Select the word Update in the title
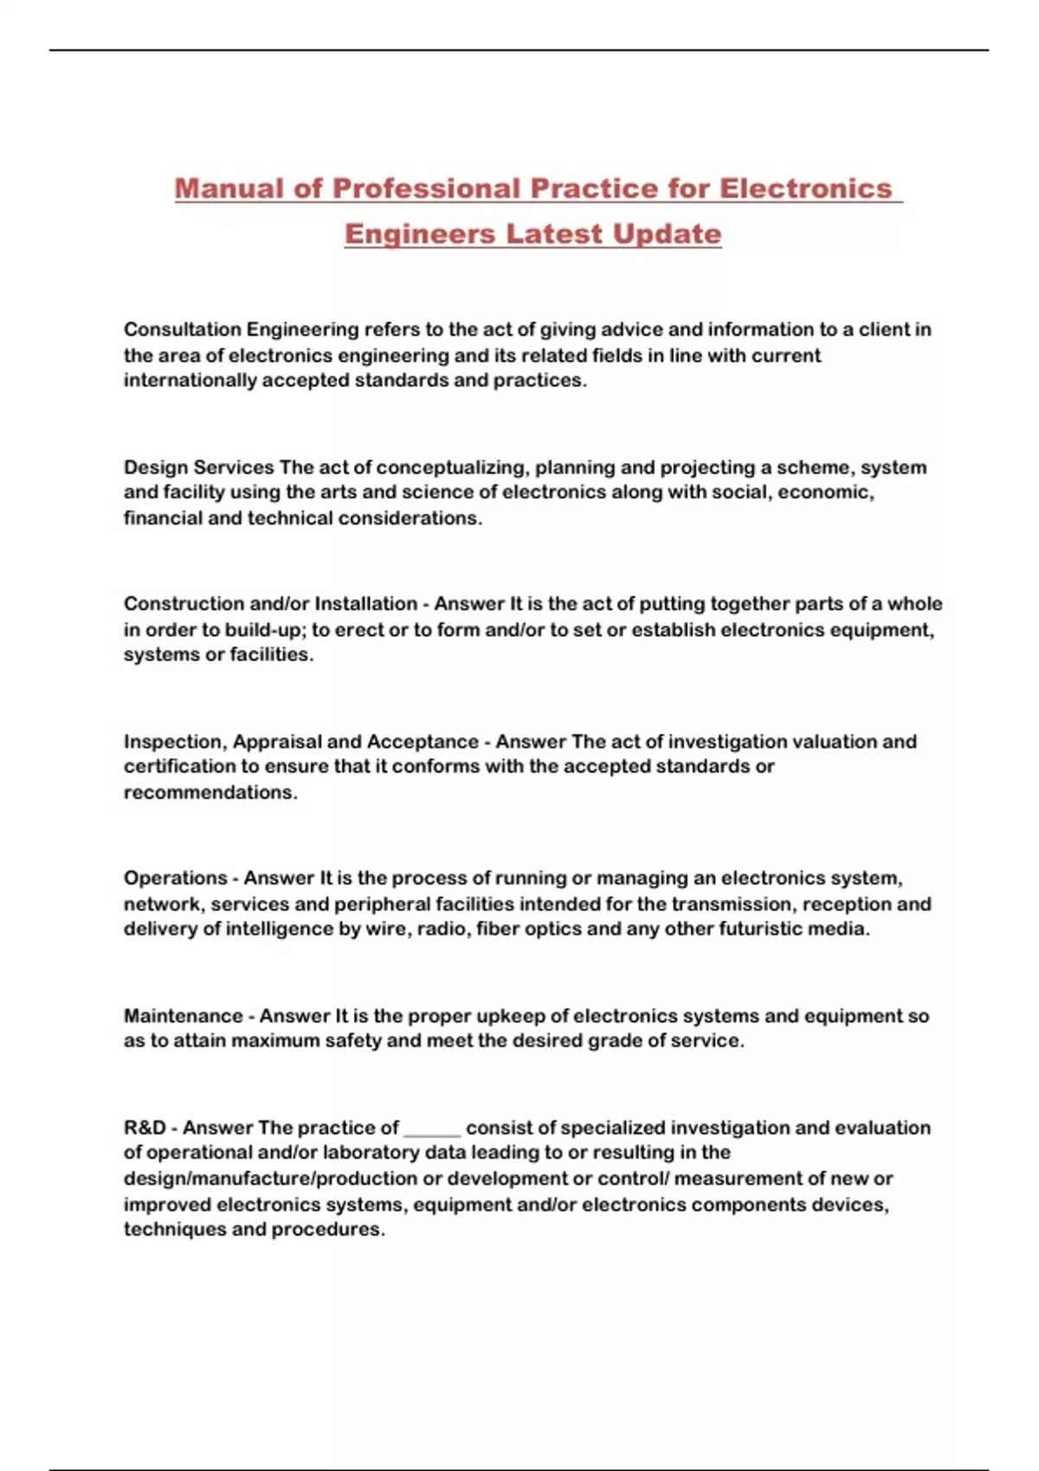click(x=667, y=234)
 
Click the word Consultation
click(x=182, y=330)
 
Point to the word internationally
click(x=190, y=381)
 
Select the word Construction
click(x=183, y=604)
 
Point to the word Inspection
click(x=175, y=742)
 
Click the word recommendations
click(x=210, y=793)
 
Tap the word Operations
click(x=175, y=878)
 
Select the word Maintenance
click(x=183, y=1016)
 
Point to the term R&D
click(x=145, y=1128)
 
